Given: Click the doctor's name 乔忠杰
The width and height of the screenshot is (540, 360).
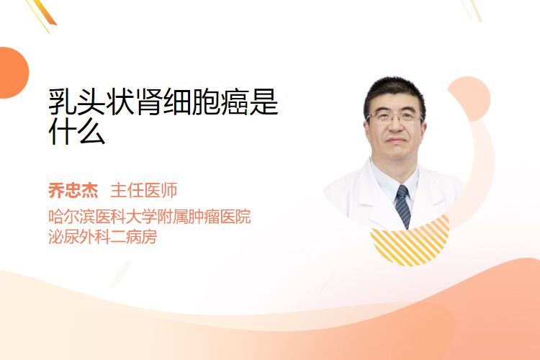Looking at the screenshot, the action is pyautogui.click(x=73, y=190).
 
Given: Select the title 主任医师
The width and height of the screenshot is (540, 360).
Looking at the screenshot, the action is pyautogui.click(x=143, y=190).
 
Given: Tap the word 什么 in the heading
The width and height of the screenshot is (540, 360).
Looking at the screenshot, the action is pyautogui.click(x=77, y=131).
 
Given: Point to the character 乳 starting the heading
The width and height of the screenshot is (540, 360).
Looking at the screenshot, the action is pyautogui.click(x=63, y=102).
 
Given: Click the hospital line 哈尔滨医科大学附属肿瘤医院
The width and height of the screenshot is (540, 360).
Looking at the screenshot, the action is pyautogui.click(x=150, y=216).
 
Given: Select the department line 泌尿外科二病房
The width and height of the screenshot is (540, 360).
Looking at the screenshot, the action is pyautogui.click(x=103, y=237).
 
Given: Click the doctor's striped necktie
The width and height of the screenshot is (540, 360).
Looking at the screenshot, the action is pyautogui.click(x=403, y=206).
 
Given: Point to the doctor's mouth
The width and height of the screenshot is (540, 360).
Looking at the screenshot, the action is pyautogui.click(x=396, y=140).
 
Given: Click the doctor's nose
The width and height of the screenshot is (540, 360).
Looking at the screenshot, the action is pyautogui.click(x=396, y=127).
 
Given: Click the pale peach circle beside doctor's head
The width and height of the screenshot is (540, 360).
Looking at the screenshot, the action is pyautogui.click(x=472, y=99).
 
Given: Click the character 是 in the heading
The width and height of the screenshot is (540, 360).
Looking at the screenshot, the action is pyautogui.click(x=264, y=102).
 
